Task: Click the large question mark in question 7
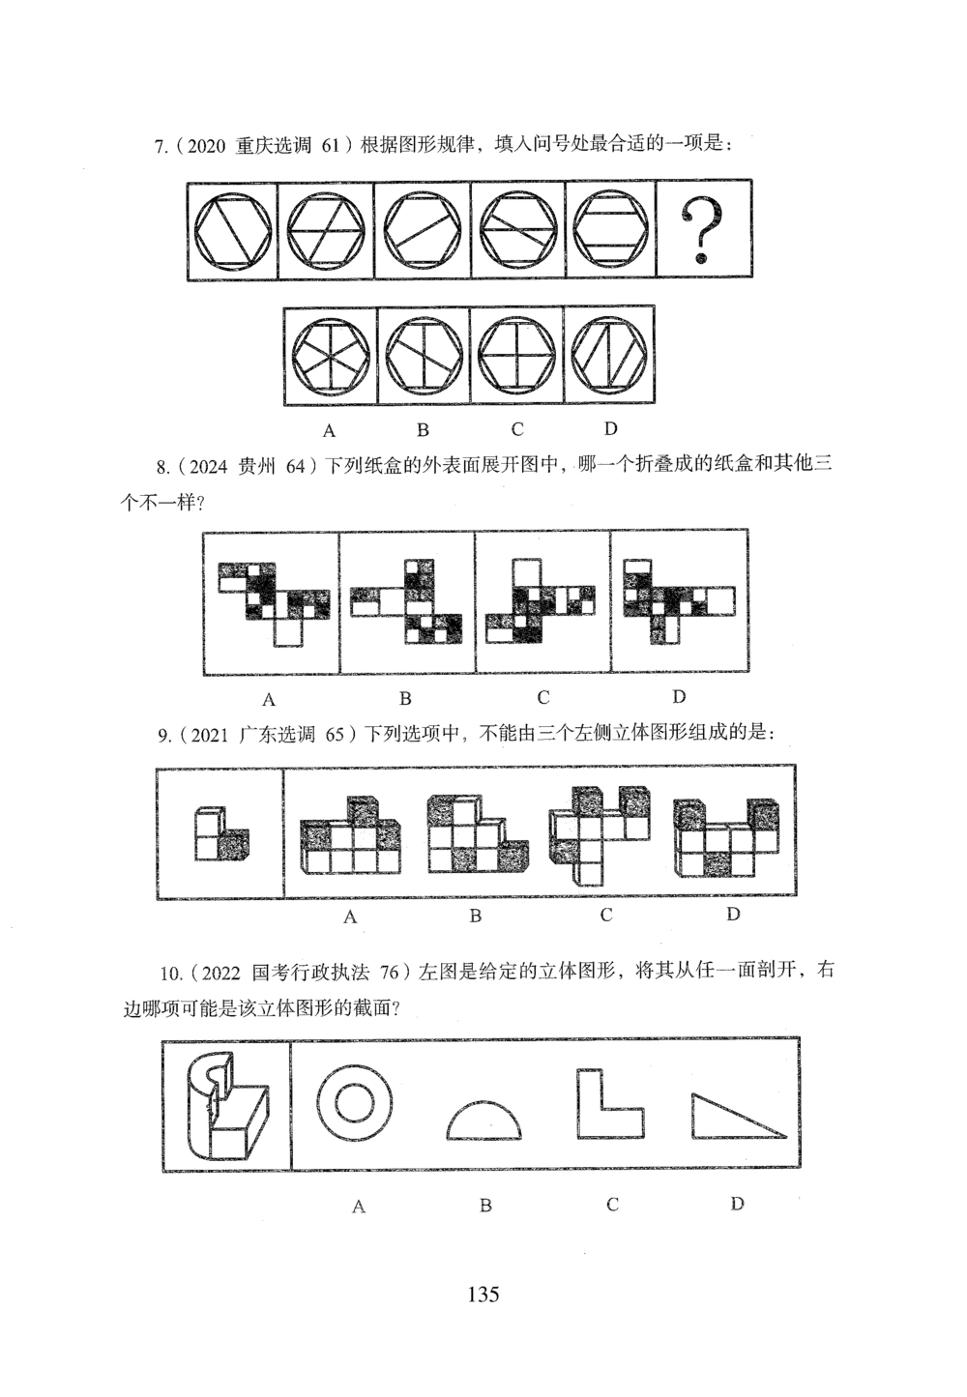tap(703, 230)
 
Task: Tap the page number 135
tap(483, 1294)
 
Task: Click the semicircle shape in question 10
tap(483, 1121)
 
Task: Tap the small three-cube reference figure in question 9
tap(220, 833)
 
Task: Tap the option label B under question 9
tap(475, 916)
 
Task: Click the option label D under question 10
tap(737, 1204)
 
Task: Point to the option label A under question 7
tap(329, 429)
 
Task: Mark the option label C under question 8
tap(543, 697)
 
